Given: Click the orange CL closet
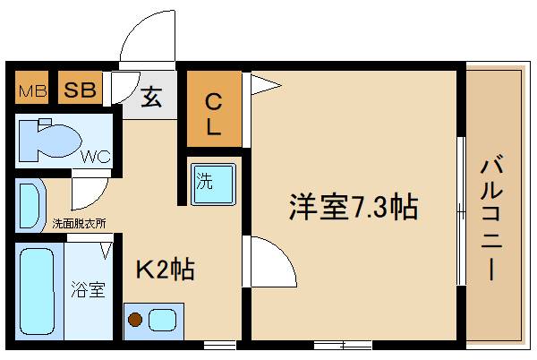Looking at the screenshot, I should [214, 110].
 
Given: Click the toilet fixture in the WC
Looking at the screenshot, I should [49, 139].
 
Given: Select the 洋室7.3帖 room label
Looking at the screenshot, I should [353, 207].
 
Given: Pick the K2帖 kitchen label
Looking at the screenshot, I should [166, 269].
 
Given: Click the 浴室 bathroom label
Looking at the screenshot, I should [89, 289].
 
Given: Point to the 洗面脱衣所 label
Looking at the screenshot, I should [79, 224].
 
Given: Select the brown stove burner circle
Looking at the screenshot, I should [136, 319].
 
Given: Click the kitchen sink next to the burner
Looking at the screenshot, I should [163, 319].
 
